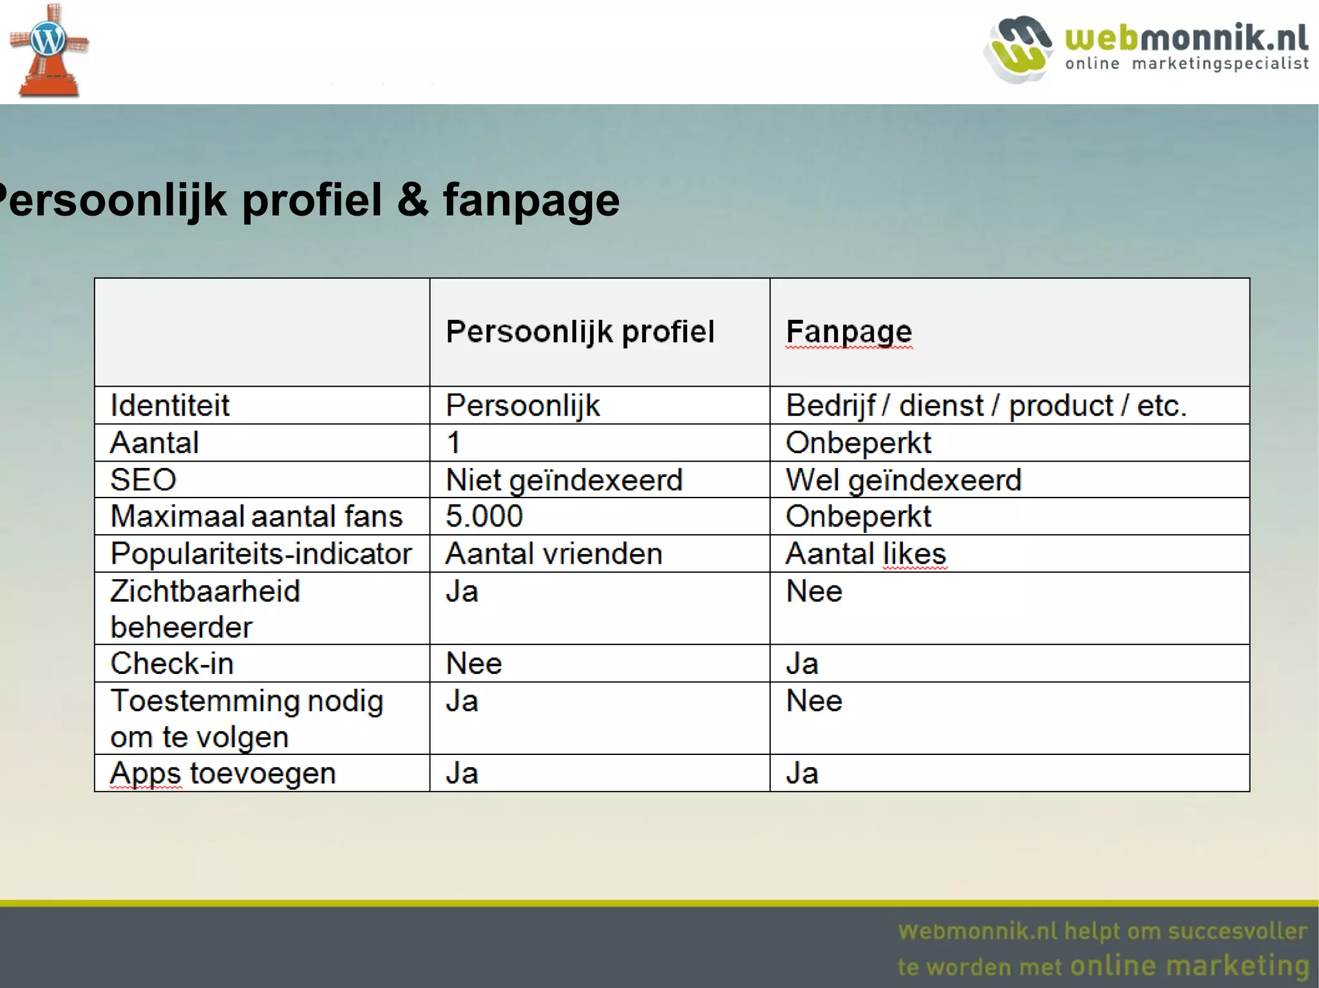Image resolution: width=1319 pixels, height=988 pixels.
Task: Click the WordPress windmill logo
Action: click(48, 50)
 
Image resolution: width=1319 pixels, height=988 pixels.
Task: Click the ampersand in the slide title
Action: click(412, 200)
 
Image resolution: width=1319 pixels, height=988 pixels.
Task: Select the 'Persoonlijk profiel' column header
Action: click(580, 332)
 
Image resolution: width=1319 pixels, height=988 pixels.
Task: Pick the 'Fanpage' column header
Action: click(849, 332)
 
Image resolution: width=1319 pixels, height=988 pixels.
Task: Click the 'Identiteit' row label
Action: click(170, 405)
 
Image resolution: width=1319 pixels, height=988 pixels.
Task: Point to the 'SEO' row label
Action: click(143, 480)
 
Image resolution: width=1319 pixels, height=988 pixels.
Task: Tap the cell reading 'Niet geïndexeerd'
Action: click(564, 480)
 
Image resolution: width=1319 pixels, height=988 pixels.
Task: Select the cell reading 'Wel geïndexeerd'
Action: click(904, 480)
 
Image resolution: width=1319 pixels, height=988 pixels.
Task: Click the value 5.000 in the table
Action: click(484, 516)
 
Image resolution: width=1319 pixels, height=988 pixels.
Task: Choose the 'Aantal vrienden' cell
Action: click(554, 554)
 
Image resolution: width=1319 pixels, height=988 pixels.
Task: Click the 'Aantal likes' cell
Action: click(866, 554)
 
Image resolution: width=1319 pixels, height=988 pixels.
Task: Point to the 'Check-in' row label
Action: click(172, 664)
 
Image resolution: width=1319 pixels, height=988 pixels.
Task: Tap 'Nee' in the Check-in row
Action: click(473, 664)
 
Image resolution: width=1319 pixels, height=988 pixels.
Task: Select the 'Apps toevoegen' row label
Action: click(223, 773)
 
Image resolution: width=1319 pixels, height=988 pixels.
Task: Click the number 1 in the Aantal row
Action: click(453, 443)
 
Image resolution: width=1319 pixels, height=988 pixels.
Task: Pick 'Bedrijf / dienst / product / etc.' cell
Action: click(985, 405)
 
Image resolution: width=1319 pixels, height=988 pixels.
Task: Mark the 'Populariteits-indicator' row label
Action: click(261, 554)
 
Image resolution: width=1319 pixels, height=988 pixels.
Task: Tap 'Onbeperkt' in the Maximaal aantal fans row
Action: click(858, 516)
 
